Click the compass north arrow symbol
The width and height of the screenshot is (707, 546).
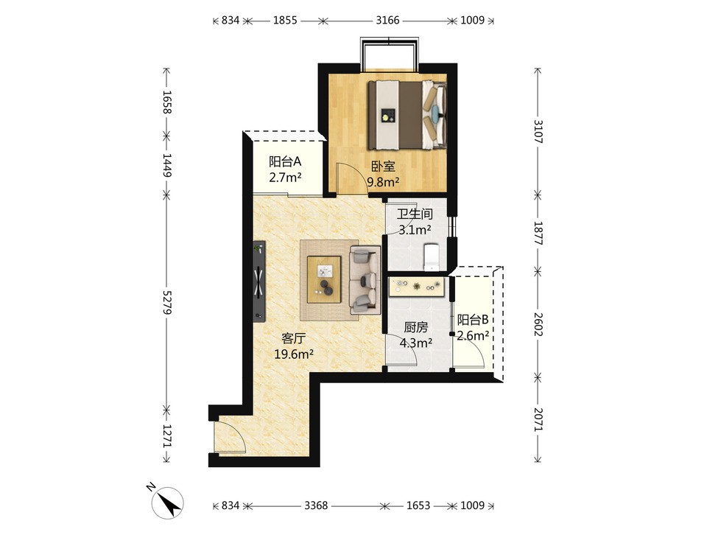coord(168,503)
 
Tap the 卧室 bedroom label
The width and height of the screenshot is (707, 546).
coord(383,167)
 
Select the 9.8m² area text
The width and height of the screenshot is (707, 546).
coord(383,182)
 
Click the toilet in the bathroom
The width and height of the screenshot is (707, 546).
coord(432,256)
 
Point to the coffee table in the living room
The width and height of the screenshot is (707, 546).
coord(324,279)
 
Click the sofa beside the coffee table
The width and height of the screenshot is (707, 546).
coord(365,280)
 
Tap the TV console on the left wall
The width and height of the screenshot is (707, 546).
coord(258,281)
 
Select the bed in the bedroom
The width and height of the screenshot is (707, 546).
coord(407,115)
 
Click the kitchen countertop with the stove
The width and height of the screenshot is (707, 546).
coord(416,286)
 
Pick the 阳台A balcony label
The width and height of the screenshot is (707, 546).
coord(285,161)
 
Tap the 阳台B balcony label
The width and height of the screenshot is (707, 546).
coord(473,320)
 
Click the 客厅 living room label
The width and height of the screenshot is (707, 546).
coord(294,338)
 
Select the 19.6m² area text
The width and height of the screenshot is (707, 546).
coord(294,354)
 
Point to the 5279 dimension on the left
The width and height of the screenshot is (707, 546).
coord(167,302)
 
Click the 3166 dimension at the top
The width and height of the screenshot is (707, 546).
coord(388,21)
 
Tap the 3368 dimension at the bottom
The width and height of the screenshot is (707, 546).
coord(316,505)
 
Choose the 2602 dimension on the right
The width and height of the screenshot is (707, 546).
coord(538,324)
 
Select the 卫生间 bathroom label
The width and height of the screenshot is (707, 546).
coord(415,214)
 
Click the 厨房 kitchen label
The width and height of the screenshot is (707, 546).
coord(415,326)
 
